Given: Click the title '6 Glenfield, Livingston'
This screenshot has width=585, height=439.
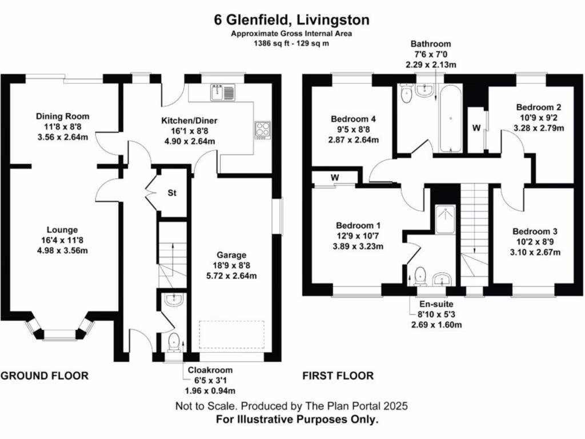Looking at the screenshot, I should click(x=292, y=20).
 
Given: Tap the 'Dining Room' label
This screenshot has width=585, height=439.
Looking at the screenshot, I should click(x=63, y=116).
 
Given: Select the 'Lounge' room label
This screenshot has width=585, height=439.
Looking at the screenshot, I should click(x=63, y=230).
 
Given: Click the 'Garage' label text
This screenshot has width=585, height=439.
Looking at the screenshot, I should click(x=231, y=255).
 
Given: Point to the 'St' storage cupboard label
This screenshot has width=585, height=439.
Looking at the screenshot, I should click(x=172, y=193).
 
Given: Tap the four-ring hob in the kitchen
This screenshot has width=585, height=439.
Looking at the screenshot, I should click(x=263, y=129).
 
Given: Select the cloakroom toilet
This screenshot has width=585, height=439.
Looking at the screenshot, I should click(x=174, y=342).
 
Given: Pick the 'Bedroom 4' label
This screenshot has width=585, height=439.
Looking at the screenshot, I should click(x=354, y=119).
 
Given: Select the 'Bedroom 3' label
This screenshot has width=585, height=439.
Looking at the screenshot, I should click(x=535, y=232).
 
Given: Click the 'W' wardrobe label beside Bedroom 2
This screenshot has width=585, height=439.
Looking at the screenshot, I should click(x=476, y=127).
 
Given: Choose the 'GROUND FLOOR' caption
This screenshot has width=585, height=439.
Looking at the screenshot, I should click(x=45, y=376).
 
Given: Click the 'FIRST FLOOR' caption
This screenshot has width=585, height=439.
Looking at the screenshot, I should click(x=338, y=376).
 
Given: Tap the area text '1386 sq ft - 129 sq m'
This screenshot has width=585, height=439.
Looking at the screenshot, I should click(x=292, y=43).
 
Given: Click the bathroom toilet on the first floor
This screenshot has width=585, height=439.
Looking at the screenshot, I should click(x=407, y=94).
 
